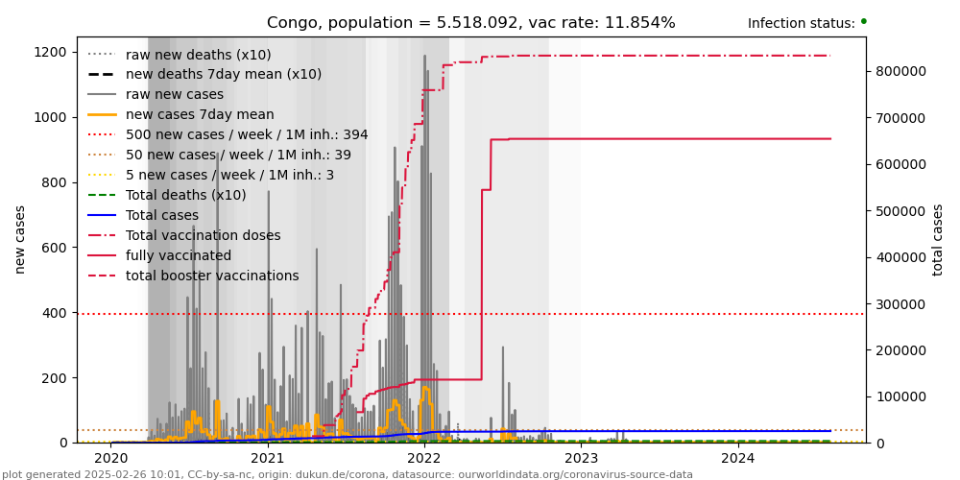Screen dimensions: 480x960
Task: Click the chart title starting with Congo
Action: (470, 23)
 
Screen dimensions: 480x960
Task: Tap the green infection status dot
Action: (863, 21)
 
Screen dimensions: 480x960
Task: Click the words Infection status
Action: (801, 24)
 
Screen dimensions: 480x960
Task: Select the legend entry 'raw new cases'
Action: (174, 95)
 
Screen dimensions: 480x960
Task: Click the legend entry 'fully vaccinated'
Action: (178, 256)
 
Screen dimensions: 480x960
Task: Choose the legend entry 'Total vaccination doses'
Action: (203, 236)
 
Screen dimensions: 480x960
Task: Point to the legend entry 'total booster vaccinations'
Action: (212, 276)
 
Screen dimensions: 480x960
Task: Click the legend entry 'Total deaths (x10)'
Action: (185, 196)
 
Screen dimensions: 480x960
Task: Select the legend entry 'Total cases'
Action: (161, 216)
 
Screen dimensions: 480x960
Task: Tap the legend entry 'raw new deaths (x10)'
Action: (198, 55)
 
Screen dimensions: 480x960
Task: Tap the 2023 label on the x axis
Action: (581, 458)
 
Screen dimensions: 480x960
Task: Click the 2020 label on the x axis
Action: (110, 458)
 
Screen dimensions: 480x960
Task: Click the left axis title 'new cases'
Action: (20, 239)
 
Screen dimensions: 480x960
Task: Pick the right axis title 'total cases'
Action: (939, 240)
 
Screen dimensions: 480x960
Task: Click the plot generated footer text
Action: (348, 474)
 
